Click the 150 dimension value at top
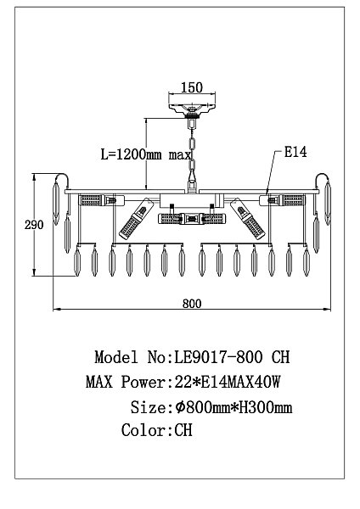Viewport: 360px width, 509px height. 191,87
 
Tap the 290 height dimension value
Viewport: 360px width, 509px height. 34,225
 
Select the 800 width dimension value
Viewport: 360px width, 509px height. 192,304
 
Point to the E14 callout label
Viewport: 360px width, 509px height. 295,152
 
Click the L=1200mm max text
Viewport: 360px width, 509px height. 146,154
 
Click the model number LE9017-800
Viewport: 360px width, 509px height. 218,357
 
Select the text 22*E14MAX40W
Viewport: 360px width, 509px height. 228,382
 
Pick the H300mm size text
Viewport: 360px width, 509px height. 266,407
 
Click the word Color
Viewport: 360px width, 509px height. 144,430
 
